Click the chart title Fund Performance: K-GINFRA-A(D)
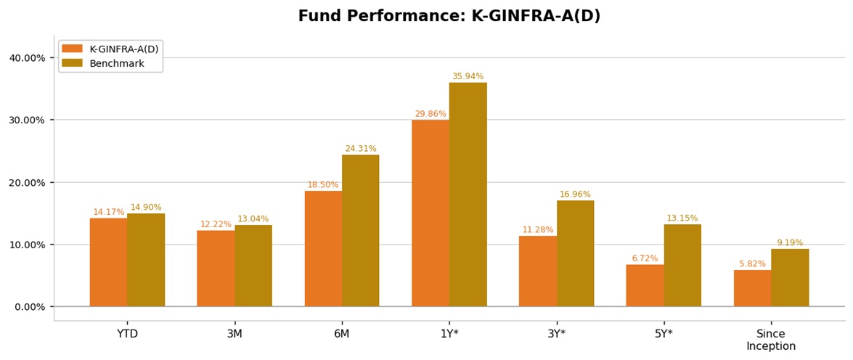pyautogui.click(x=449, y=16)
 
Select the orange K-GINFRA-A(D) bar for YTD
pyautogui.click(x=108, y=262)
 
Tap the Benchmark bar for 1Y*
pyautogui.click(x=468, y=195)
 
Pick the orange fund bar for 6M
pyautogui.click(x=323, y=248)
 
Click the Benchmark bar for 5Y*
pyautogui.click(x=682, y=265)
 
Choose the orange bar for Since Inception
pyautogui.click(x=752, y=288)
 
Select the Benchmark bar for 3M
pyautogui.click(x=253, y=266)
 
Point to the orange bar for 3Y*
pyautogui.click(x=538, y=271)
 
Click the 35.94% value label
pyautogui.click(x=468, y=76)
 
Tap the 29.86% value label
pyautogui.click(x=430, y=114)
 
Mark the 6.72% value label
pyautogui.click(x=645, y=258)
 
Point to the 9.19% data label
pyautogui.click(x=790, y=243)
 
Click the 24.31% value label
pyautogui.click(x=361, y=149)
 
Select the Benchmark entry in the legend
pyautogui.click(x=117, y=64)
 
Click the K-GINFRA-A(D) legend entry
pyautogui.click(x=123, y=49)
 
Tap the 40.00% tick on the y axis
pyautogui.click(x=27, y=58)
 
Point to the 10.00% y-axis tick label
pyautogui.click(x=27, y=245)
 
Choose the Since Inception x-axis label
pyautogui.click(x=771, y=340)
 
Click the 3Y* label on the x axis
pyautogui.click(x=557, y=334)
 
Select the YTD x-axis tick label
pyautogui.click(x=127, y=334)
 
